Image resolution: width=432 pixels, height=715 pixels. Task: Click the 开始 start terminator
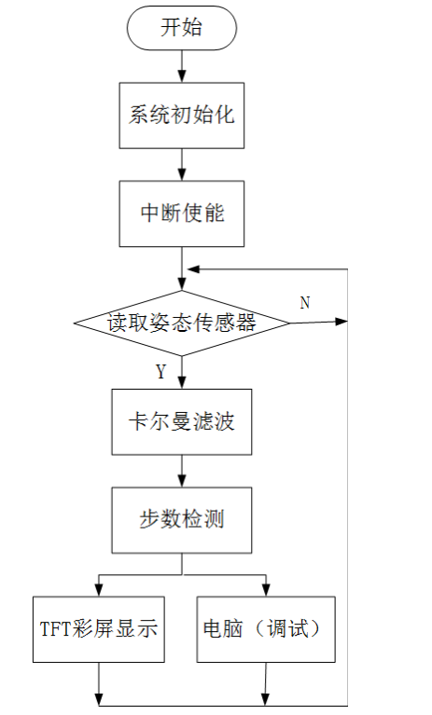tap(181, 28)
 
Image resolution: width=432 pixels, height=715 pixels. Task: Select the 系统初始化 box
tap(181, 116)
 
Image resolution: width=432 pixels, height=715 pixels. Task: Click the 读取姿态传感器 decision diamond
tap(181, 323)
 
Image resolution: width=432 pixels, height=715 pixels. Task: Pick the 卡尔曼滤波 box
tap(181, 421)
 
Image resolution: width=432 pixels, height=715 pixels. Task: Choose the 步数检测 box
tap(181, 519)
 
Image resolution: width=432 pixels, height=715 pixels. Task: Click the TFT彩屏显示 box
tap(98, 629)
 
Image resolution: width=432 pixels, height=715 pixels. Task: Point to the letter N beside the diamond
tap(304, 303)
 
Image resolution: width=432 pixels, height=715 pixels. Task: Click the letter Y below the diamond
tap(160, 373)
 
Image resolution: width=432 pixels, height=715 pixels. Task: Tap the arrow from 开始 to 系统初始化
tap(181, 65)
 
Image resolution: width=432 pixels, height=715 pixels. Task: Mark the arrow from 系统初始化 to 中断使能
tap(181, 164)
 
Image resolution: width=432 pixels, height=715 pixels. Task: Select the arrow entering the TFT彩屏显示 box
tap(98, 583)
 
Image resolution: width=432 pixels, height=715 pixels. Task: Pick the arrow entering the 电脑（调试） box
tap(267, 583)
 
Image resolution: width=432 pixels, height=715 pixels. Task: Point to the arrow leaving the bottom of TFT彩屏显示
tap(99, 682)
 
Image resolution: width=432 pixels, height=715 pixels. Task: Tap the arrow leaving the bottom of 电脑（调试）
tap(267, 682)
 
